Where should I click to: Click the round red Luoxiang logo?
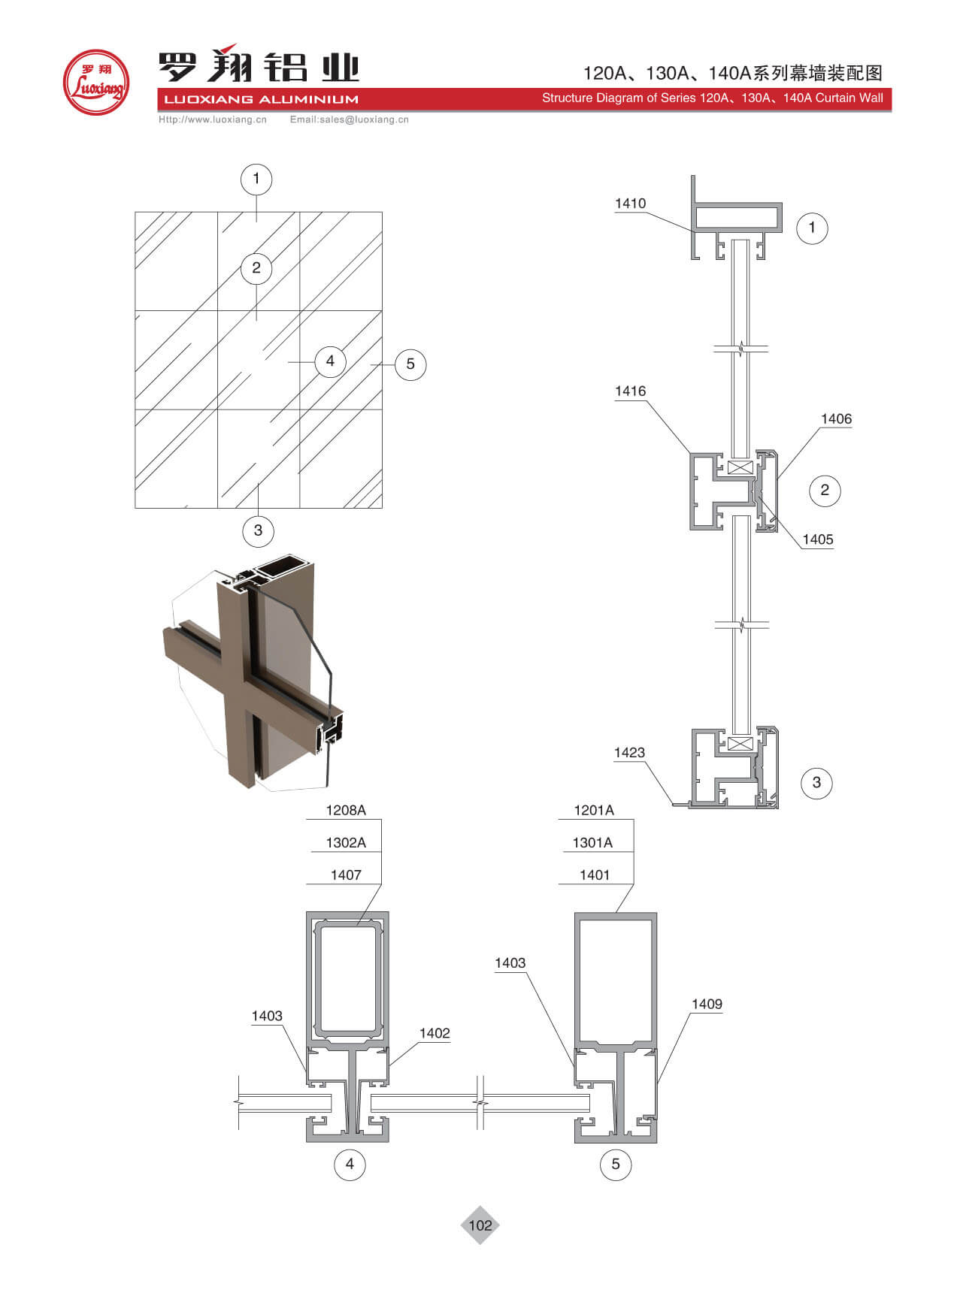96,82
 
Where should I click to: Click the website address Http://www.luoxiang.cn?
213,119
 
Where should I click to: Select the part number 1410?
630,204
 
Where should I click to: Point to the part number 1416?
630,391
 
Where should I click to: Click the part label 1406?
836,419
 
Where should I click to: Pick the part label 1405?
818,539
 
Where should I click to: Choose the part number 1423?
629,753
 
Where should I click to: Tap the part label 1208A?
346,810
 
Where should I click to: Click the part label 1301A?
592,843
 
